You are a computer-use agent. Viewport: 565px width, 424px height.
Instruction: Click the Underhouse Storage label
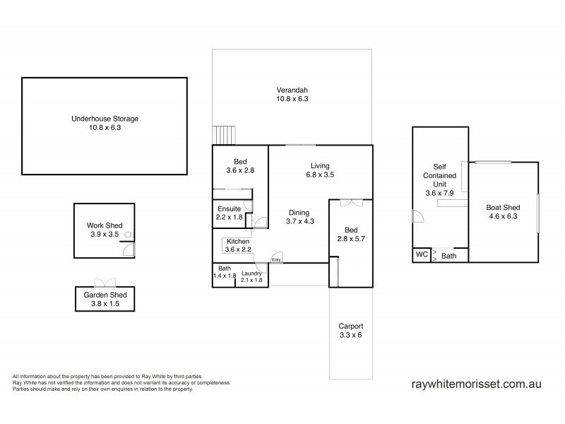[105, 119]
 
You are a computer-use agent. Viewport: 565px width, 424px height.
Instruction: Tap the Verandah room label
[292, 90]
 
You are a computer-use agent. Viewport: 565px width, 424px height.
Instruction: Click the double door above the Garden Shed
[105, 281]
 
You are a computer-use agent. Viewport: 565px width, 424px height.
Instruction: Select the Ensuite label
[230, 209]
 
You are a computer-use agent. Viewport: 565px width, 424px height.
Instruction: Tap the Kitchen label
[237, 241]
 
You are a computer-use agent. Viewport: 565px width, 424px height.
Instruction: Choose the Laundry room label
[252, 273]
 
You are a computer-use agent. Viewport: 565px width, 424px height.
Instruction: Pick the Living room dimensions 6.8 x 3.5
[319, 175]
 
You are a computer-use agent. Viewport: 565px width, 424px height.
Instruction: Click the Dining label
[299, 212]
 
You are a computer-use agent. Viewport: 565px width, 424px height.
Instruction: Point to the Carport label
[350, 326]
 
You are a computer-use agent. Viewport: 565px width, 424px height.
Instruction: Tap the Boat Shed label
[502, 208]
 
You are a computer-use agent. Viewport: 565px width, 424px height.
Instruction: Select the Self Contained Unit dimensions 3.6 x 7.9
[440, 193]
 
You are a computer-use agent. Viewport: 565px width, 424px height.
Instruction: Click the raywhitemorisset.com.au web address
[476, 384]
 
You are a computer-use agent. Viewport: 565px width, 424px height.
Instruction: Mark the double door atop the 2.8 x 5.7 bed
[351, 203]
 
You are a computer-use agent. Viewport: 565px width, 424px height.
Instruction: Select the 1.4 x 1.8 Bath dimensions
[224, 276]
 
